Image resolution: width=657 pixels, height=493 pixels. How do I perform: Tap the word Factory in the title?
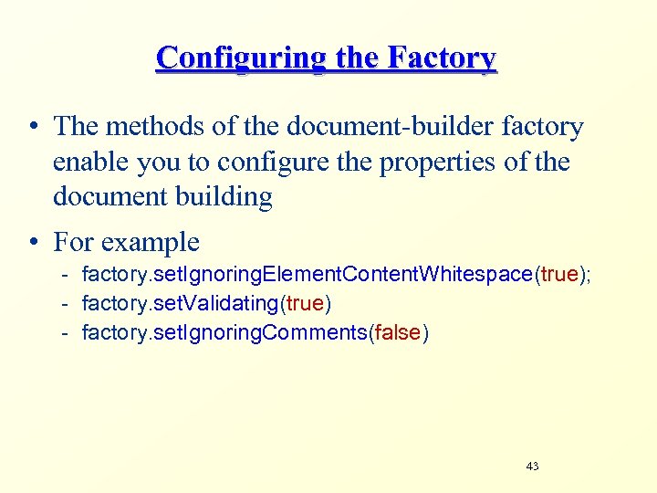coord(442,58)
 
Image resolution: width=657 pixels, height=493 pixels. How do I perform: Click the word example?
coord(150,242)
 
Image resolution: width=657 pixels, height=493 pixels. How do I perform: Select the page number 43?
coord(533,467)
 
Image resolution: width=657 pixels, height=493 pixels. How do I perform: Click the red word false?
coord(397,333)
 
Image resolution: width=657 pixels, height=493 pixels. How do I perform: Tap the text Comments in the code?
coord(314,333)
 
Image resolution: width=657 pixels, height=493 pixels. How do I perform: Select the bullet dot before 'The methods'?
coord(33,127)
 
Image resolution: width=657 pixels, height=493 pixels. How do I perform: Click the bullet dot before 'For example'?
coord(33,242)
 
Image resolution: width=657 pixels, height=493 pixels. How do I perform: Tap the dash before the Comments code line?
coord(67,333)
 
